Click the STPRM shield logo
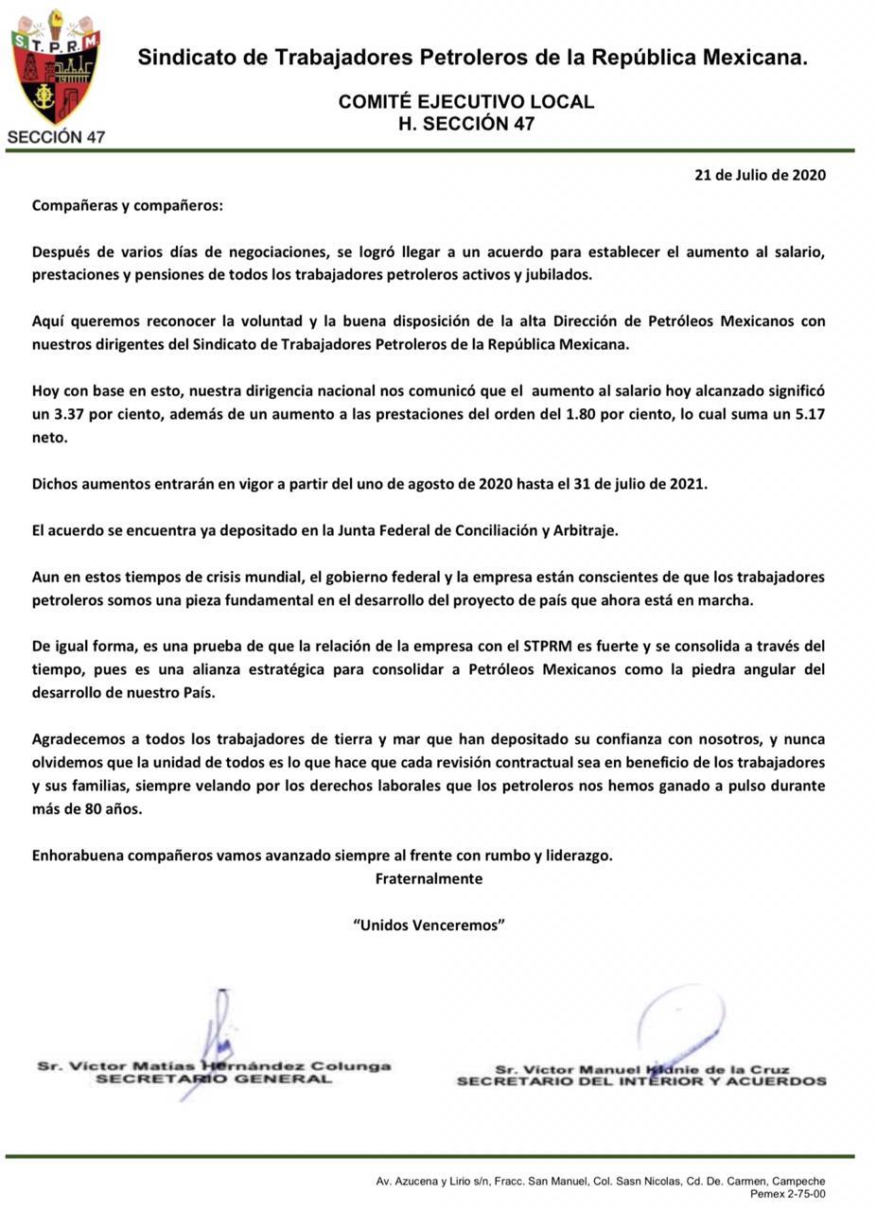pos(55,66)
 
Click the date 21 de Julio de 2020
pos(760,175)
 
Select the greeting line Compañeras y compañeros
pos(128,205)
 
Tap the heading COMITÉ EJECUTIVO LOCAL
pos(466,102)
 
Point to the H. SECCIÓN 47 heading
pos(466,124)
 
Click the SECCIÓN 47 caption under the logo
pos(56,137)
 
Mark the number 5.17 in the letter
pos(805,414)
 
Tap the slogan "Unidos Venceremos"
pos(429,925)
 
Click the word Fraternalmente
pos(429,878)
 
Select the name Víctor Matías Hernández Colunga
pos(214,1065)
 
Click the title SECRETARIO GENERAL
pos(214,1079)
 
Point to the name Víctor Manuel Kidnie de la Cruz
pos(641,1069)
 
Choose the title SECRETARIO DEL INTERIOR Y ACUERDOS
pos(641,1081)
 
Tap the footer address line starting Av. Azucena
pos(600,1181)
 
